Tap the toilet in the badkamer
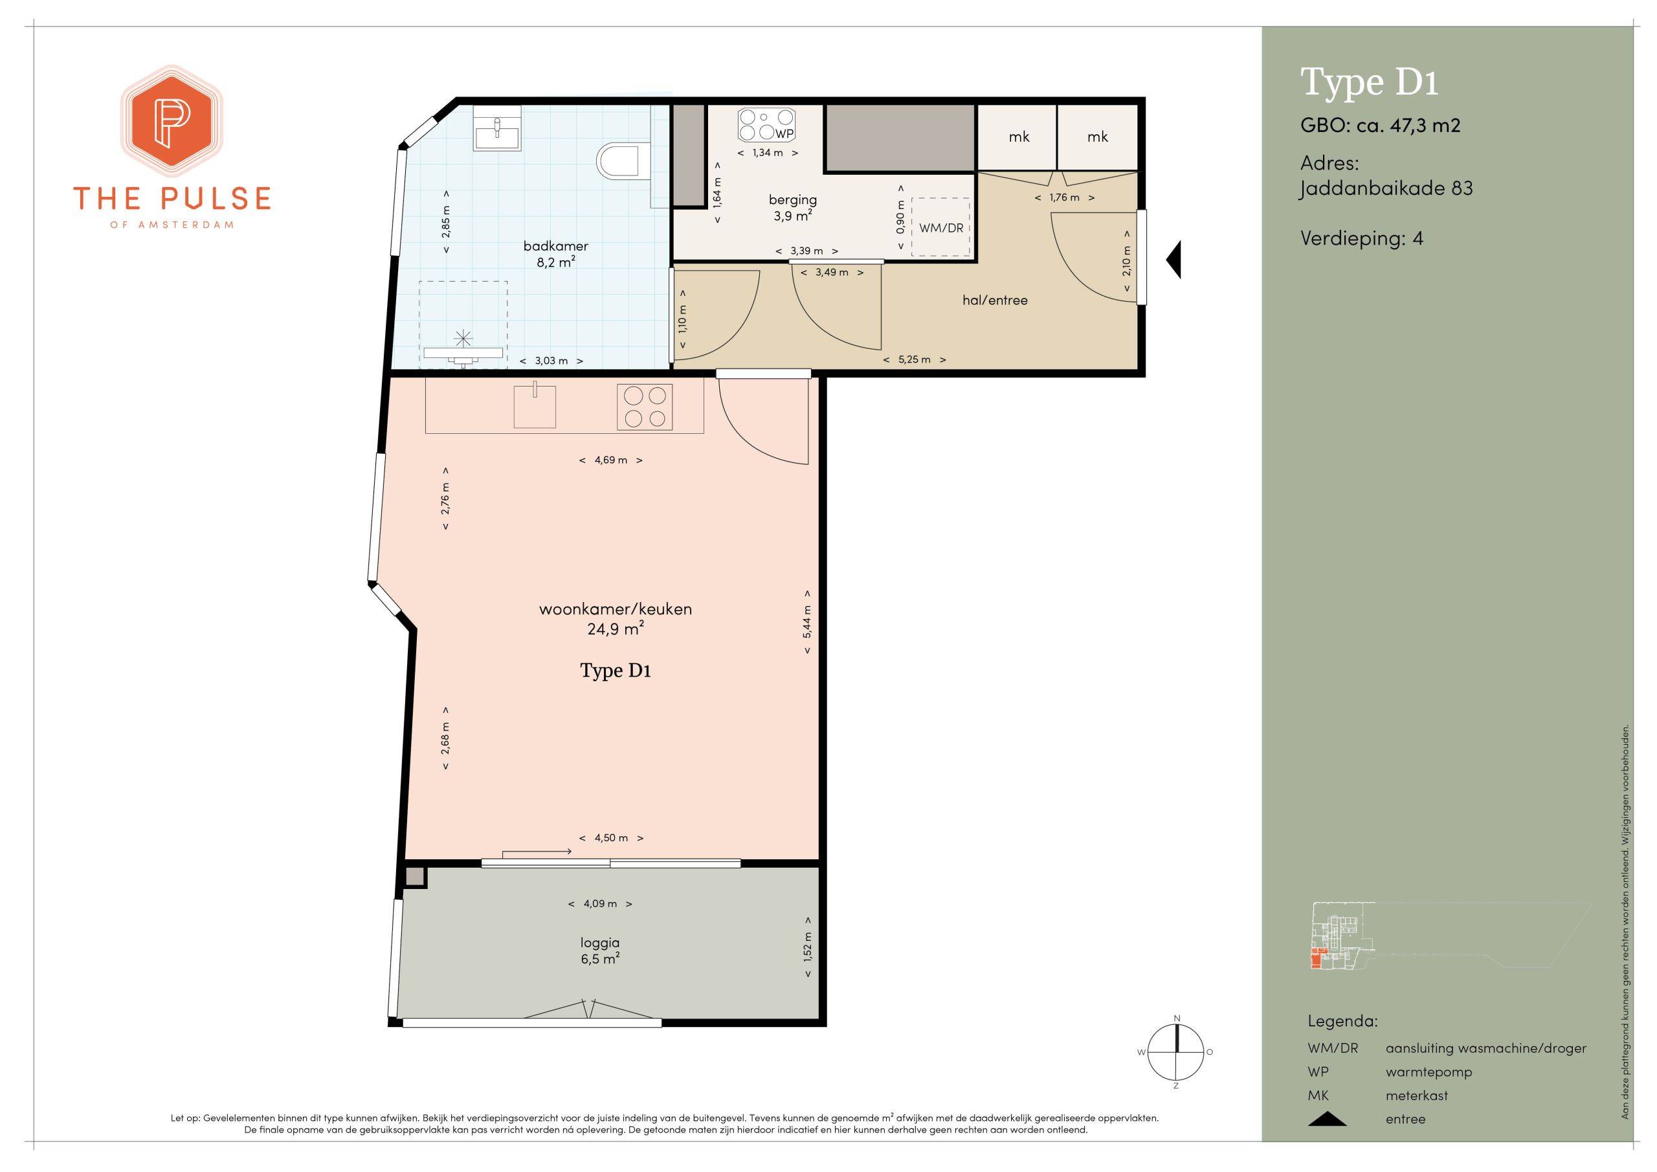(621, 161)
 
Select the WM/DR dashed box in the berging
(940, 227)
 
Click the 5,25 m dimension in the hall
(915, 359)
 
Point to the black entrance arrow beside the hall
(1174, 259)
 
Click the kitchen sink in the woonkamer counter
(535, 406)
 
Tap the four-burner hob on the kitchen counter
(645, 407)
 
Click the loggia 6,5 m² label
(601, 951)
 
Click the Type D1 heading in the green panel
(1369, 82)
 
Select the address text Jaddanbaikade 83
(1386, 188)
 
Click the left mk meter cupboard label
(1019, 137)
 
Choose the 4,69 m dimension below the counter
(611, 460)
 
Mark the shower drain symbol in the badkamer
(463, 337)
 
